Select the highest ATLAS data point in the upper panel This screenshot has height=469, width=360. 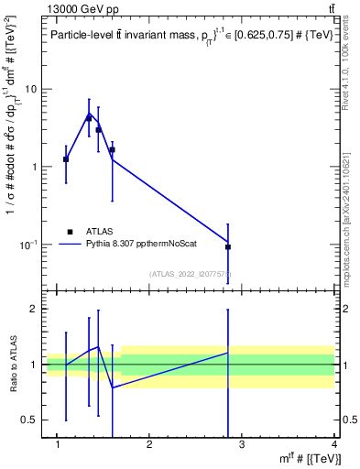pos(89,118)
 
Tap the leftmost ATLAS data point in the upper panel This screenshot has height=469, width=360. pos(66,159)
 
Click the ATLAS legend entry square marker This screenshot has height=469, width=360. pos(70,232)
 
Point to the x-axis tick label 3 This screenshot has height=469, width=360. pos(243,446)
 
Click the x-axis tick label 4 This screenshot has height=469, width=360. pos(334,446)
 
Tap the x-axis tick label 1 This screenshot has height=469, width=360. pos(58,446)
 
